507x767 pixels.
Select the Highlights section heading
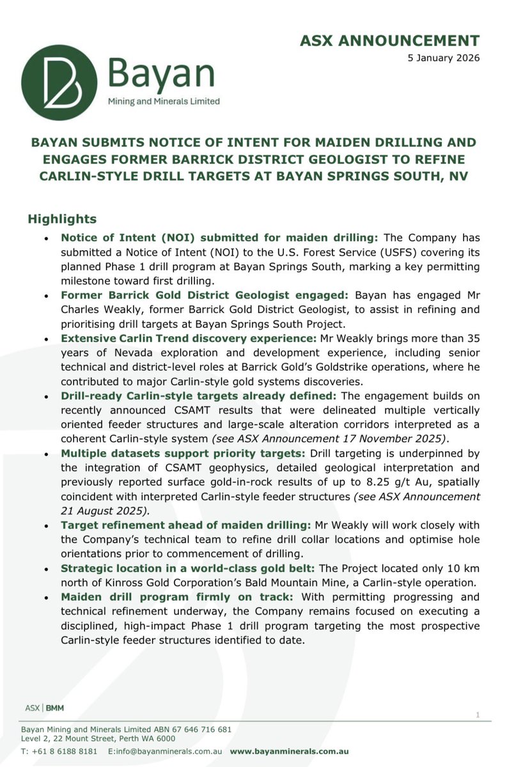point(61,219)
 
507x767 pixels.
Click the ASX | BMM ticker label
point(44,708)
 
